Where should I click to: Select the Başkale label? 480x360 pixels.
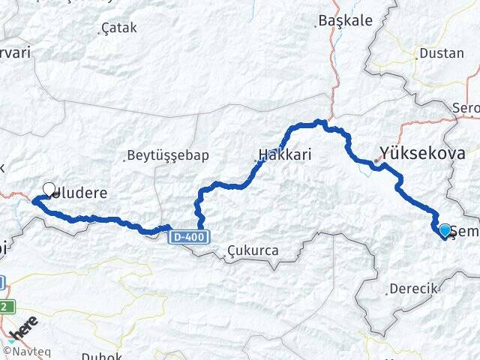(x=345, y=21)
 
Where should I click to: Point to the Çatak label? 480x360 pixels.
(x=120, y=29)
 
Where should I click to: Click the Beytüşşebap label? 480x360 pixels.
(x=168, y=155)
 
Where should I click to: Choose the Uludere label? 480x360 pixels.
(x=79, y=193)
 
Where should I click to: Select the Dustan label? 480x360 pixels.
(x=442, y=53)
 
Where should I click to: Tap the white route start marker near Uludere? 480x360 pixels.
(x=49, y=189)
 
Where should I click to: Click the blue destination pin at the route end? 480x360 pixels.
(x=445, y=230)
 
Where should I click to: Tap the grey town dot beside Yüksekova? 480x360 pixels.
(x=376, y=159)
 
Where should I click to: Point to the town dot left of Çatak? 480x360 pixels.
(x=103, y=31)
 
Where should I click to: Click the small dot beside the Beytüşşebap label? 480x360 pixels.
(x=124, y=158)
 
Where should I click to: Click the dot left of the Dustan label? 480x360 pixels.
(x=417, y=55)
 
